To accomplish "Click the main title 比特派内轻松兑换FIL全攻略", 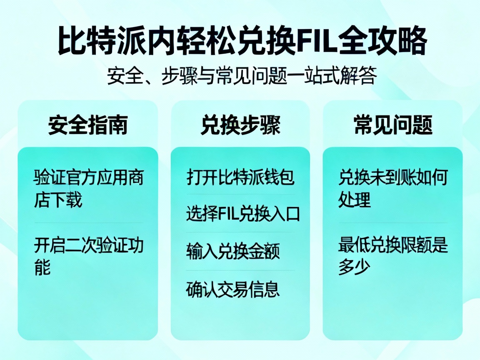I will (242, 41).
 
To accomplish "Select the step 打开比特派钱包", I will (240, 177).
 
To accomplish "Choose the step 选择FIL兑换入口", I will (242, 214).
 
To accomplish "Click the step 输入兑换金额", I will (232, 252).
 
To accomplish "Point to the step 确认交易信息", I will (232, 289).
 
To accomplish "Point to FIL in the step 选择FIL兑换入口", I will (228, 214).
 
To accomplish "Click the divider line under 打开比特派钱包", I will (240, 195).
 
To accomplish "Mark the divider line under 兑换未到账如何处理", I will (392, 222).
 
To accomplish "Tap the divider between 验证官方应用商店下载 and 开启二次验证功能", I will (88, 222).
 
